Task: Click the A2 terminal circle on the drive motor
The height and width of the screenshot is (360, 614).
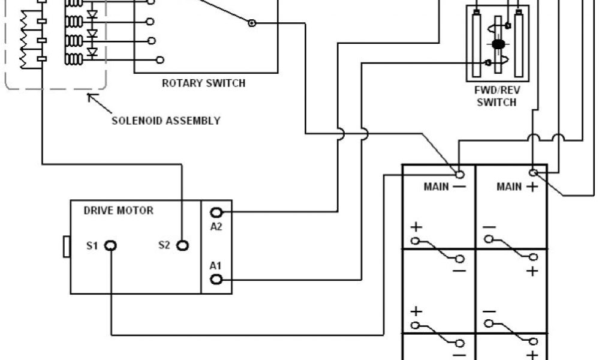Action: click(216, 212)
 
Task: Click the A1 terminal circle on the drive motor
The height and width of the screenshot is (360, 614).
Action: click(216, 279)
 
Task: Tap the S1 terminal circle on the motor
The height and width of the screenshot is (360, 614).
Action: click(111, 245)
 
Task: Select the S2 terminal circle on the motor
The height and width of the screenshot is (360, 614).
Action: click(182, 245)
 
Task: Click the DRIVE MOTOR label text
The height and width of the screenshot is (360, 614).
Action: click(119, 211)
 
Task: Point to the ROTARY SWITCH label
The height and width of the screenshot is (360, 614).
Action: click(203, 83)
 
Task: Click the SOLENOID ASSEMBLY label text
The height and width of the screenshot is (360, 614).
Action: click(166, 121)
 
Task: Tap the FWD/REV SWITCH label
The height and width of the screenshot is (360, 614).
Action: click(496, 97)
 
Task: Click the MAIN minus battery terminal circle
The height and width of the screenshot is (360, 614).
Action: click(460, 174)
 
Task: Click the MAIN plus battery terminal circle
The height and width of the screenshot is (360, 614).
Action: click(533, 173)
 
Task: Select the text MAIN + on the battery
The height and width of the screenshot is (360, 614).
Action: click(516, 187)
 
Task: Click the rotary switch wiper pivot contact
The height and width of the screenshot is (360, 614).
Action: click(252, 23)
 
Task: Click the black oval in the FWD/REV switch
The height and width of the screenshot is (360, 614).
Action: click(498, 44)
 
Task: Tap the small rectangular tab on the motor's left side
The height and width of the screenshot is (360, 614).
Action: click(67, 247)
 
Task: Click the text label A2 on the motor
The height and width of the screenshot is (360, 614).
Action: click(216, 226)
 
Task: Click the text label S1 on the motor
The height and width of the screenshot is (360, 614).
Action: click(92, 245)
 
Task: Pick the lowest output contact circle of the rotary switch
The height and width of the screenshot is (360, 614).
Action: click(160, 59)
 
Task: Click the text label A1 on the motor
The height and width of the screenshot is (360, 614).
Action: click(216, 265)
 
